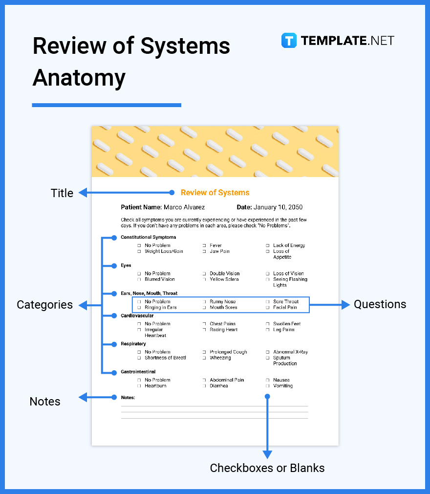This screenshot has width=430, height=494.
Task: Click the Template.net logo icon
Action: click(289, 40)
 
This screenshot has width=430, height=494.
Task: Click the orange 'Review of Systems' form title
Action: click(215, 193)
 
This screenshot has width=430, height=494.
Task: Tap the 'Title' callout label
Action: click(62, 193)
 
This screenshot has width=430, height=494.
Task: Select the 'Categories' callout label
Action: click(44, 305)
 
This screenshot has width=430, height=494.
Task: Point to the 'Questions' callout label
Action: click(380, 304)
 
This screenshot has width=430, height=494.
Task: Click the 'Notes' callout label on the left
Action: click(45, 402)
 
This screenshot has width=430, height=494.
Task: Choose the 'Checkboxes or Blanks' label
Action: click(267, 468)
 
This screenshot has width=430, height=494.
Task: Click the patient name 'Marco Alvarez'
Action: click(184, 207)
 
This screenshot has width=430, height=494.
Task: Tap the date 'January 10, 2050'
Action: click(278, 207)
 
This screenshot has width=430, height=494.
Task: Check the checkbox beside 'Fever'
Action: click(204, 246)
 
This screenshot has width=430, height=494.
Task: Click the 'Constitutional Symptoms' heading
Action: click(148, 237)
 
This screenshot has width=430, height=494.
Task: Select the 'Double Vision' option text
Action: click(225, 274)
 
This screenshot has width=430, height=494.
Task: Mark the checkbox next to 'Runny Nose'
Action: click(204, 302)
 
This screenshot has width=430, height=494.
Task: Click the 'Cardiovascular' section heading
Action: click(137, 316)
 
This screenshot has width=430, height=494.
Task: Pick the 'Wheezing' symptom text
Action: click(220, 358)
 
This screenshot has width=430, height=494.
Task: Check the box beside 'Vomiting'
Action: click(267, 386)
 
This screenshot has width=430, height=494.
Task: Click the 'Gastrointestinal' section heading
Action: click(138, 372)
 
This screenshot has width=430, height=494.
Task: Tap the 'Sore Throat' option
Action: click(285, 302)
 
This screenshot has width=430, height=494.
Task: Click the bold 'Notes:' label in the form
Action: click(128, 398)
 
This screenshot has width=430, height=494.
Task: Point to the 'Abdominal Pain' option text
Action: click(227, 380)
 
